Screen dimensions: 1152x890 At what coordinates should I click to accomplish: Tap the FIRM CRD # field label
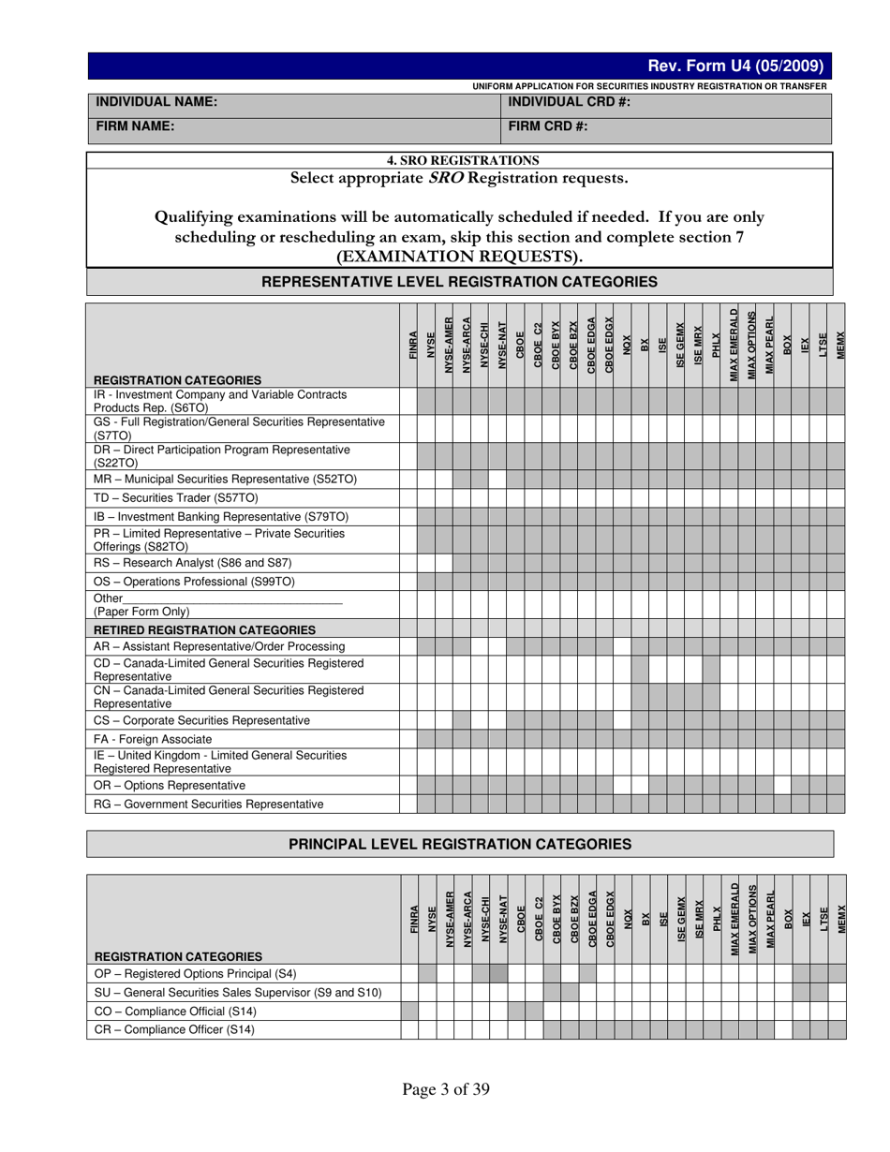[548, 126]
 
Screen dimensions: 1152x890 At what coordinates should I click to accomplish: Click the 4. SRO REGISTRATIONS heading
[459, 160]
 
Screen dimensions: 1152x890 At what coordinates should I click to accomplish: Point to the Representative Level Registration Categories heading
[459, 282]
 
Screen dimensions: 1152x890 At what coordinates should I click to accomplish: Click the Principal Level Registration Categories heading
[459, 844]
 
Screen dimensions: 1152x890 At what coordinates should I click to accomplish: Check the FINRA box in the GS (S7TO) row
[408, 429]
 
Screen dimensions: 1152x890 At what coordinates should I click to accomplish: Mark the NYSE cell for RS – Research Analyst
[426, 563]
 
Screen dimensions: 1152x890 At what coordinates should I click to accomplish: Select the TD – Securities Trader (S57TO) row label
[176, 498]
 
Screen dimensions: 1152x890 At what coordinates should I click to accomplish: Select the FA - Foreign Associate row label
[153, 739]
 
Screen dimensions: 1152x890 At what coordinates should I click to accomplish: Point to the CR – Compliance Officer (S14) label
[174, 1029]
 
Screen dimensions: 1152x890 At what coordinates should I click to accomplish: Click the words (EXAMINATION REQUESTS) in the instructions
[459, 256]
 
